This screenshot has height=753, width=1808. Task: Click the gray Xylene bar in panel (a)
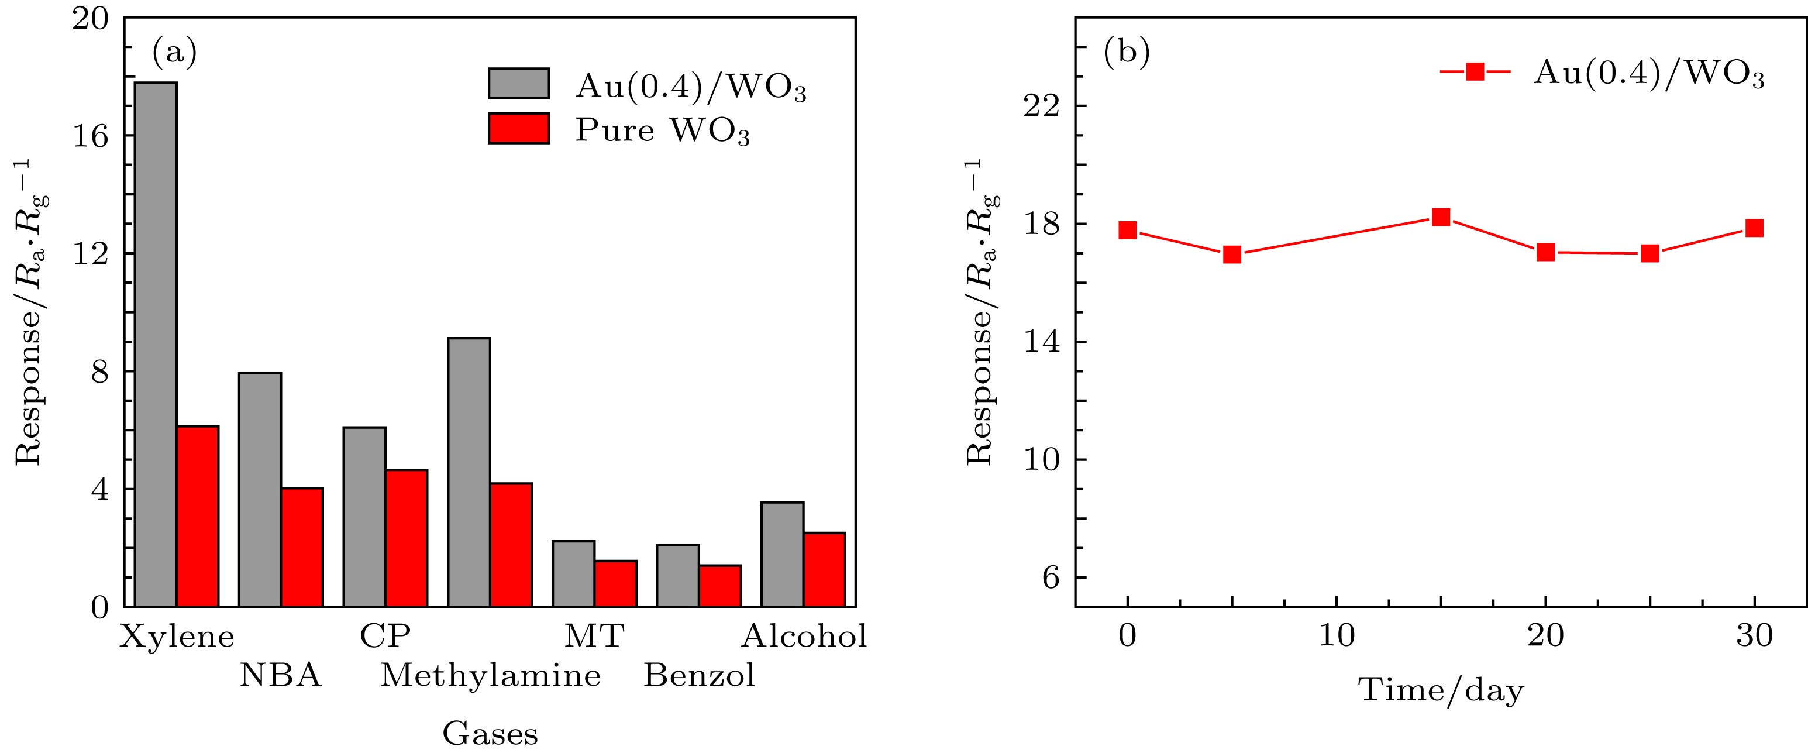tap(155, 344)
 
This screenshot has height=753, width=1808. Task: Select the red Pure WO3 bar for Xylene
tap(197, 516)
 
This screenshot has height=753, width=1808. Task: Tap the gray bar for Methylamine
tap(469, 472)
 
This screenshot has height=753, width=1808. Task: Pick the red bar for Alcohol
tap(825, 569)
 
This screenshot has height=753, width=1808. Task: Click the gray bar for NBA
tap(260, 489)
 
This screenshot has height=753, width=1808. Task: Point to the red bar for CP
tap(407, 538)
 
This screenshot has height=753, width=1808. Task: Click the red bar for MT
tap(615, 583)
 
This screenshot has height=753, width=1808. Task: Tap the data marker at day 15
tap(1441, 217)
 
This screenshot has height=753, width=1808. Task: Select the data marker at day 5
tap(1232, 254)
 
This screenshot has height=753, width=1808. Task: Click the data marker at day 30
tap(1754, 228)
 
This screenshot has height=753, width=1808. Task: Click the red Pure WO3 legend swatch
tap(519, 128)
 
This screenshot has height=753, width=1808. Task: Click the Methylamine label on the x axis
tap(491, 676)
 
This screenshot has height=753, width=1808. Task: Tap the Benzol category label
tap(699, 676)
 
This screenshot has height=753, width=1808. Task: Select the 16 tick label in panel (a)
tap(91, 136)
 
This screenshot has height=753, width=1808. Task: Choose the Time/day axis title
tap(1442, 690)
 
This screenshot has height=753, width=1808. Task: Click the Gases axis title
tap(490, 734)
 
